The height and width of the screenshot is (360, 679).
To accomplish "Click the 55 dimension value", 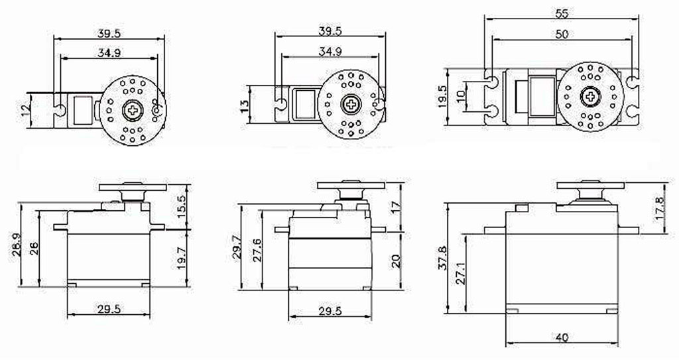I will (561, 13).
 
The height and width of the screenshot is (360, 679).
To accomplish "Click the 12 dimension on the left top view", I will (26, 109).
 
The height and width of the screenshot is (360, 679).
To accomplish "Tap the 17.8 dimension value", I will (659, 207).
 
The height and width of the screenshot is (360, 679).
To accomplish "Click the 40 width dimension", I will (561, 337).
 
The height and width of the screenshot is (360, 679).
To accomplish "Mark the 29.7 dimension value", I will (237, 246).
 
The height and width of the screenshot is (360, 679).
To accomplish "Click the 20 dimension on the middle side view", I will (396, 259).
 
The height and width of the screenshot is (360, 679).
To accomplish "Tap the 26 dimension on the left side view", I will (34, 249).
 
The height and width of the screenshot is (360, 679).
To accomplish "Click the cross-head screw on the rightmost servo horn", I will (589, 97).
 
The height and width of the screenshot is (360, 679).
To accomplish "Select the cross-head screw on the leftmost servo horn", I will (133, 109).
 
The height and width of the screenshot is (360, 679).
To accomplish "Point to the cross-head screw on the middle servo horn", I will (350, 103).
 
